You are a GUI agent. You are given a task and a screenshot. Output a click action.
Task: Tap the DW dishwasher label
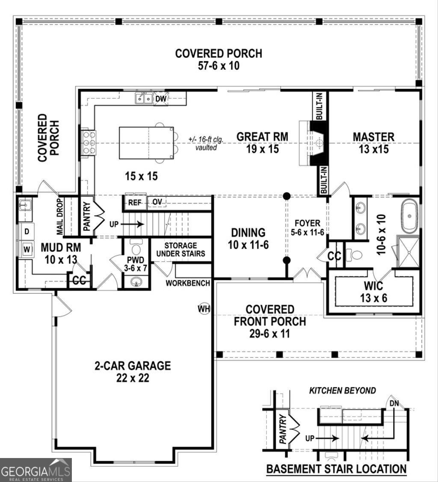tap(160, 99)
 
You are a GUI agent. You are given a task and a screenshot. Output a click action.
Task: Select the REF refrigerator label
tap(135, 202)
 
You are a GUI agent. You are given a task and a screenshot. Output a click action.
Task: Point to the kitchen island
tap(146, 143)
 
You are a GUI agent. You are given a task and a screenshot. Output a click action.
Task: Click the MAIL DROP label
tap(60, 216)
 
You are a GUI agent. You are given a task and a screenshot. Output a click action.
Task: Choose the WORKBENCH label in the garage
tap(188, 283)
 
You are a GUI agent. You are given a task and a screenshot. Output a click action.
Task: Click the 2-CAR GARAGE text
tap(133, 366)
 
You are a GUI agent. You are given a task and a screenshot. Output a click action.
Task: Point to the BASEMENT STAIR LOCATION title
tap(336, 469)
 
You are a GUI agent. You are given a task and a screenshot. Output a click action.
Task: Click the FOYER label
tap(307, 223)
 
